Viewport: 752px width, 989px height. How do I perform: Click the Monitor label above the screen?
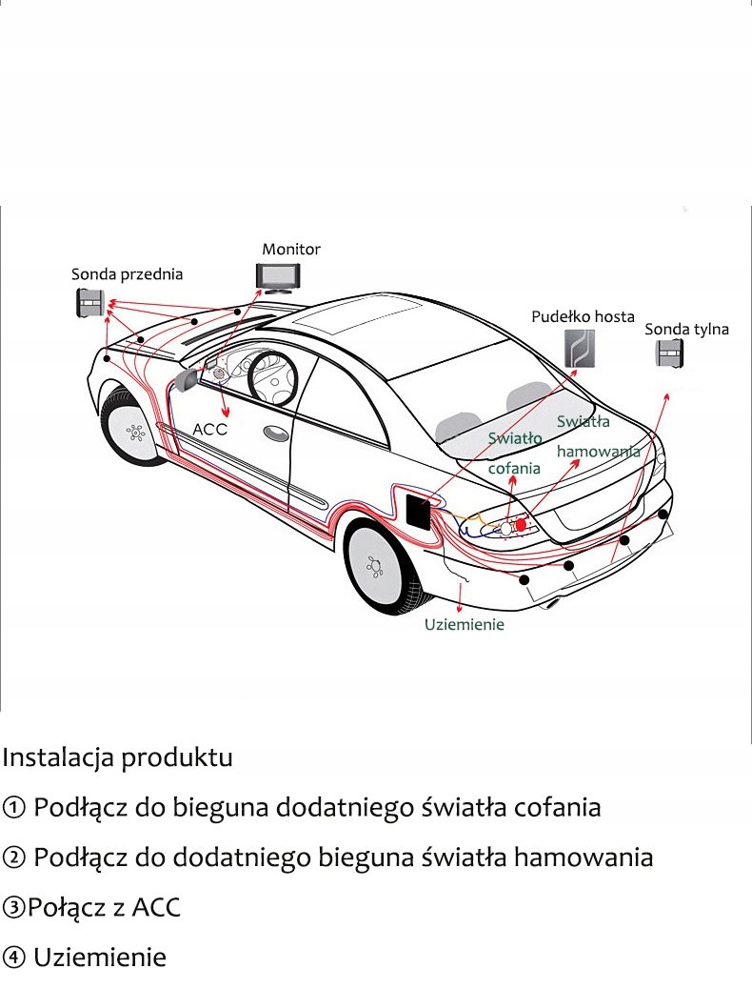pyautogui.click(x=291, y=249)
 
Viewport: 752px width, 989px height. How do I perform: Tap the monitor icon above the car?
pyautogui.click(x=277, y=275)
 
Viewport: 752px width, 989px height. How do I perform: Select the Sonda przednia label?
pyautogui.click(x=127, y=274)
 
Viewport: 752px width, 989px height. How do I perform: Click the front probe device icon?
pyautogui.click(x=90, y=304)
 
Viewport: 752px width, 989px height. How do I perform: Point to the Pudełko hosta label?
pyautogui.click(x=582, y=316)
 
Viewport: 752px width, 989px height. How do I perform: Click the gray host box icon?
pyautogui.click(x=580, y=349)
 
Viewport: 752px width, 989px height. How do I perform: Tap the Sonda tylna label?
pyautogui.click(x=686, y=330)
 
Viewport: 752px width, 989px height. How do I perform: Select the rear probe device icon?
pyautogui.click(x=670, y=354)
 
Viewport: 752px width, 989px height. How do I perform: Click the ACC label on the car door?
pyautogui.click(x=210, y=430)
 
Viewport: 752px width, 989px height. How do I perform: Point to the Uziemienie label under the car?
pyautogui.click(x=465, y=625)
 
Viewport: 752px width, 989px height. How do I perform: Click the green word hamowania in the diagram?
pyautogui.click(x=598, y=451)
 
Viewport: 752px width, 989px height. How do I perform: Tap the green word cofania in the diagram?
pyautogui.click(x=514, y=468)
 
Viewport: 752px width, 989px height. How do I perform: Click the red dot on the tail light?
pyautogui.click(x=521, y=524)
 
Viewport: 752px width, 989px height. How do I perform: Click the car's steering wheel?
pyautogui.click(x=270, y=376)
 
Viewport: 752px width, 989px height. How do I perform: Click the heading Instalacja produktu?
pyautogui.click(x=117, y=758)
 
